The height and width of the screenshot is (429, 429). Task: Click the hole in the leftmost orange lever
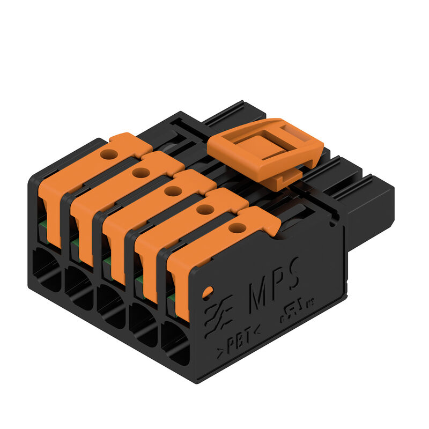tap(109, 154)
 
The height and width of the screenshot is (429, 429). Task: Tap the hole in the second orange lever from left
tap(141, 173)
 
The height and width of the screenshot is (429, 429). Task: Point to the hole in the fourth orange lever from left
tap(204, 210)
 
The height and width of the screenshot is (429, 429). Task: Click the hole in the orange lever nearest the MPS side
tap(236, 228)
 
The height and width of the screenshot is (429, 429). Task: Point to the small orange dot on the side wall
tap(207, 292)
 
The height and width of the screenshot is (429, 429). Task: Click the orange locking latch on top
tap(265, 148)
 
